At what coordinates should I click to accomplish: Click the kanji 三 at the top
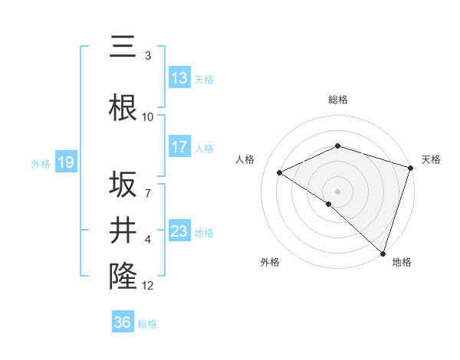(x=123, y=47)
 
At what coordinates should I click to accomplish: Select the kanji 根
(x=123, y=108)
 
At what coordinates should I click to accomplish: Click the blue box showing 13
(x=179, y=78)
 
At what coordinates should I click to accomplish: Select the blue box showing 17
(x=179, y=147)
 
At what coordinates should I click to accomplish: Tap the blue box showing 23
(x=179, y=231)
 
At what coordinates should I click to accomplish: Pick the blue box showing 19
(x=65, y=162)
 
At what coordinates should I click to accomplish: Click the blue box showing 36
(x=123, y=322)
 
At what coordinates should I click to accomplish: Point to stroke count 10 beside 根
(x=148, y=117)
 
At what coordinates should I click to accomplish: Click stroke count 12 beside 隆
(x=148, y=286)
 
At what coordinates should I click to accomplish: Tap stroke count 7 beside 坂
(x=148, y=185)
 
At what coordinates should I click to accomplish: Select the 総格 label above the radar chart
(x=337, y=100)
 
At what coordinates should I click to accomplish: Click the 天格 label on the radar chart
(x=431, y=159)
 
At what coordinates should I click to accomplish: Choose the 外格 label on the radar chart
(x=270, y=263)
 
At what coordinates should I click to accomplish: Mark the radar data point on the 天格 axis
(x=411, y=167)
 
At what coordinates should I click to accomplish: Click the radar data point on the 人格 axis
(x=280, y=172)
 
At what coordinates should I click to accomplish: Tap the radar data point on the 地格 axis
(x=383, y=253)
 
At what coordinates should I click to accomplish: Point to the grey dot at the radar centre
(x=337, y=191)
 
